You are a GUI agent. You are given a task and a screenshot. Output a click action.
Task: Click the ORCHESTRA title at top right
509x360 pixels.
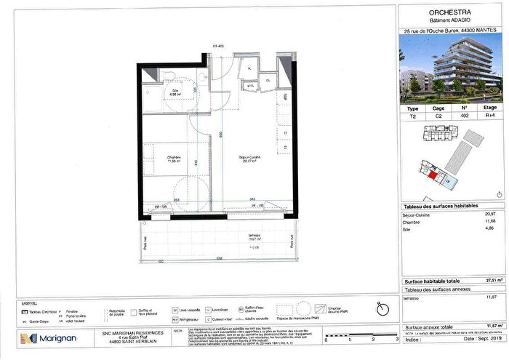(451, 12)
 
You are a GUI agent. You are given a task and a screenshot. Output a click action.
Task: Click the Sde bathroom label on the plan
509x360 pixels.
(175, 91)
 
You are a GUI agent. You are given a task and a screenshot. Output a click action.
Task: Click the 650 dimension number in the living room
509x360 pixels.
(220, 135)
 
